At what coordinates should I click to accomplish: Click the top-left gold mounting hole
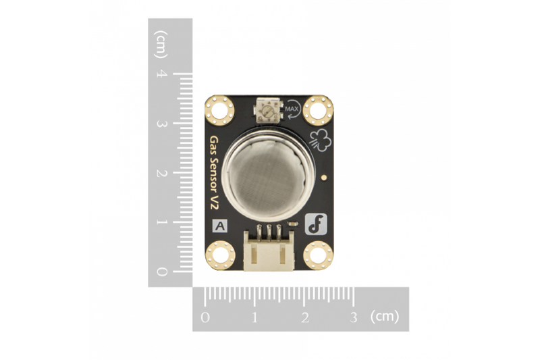220,111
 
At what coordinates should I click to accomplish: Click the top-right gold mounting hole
318,111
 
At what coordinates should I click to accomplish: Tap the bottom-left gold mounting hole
221,255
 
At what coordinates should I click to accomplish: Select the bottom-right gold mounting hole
318,255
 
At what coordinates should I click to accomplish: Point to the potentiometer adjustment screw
266,111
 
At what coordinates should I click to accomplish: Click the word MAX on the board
292,109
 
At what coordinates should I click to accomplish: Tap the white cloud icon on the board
320,140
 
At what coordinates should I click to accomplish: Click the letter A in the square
220,226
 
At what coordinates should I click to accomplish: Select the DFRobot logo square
316,225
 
